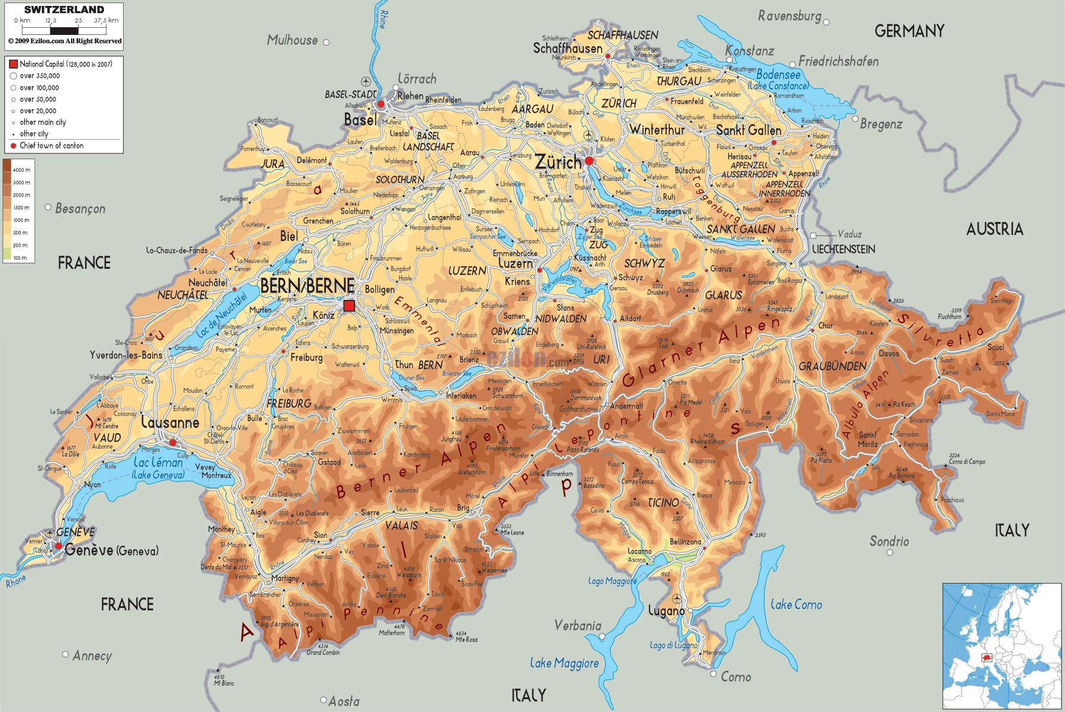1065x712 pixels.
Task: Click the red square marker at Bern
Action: (349, 305)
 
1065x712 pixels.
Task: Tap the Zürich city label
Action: (558, 162)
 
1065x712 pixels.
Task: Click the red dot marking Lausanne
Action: (173, 442)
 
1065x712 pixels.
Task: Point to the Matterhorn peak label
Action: (392, 633)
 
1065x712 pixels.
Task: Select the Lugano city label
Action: (666, 611)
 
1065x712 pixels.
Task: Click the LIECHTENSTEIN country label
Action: (843, 249)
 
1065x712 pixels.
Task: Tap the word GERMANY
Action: (909, 31)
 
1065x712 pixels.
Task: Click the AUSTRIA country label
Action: (995, 229)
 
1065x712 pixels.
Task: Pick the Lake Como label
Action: (796, 604)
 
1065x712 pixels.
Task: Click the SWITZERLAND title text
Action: (64, 9)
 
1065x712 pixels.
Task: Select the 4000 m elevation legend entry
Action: (21, 170)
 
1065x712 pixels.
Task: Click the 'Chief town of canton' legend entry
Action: (51, 146)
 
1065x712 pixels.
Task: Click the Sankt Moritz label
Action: (868, 439)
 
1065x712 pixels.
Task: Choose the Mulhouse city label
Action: (292, 40)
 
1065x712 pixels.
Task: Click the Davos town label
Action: (889, 353)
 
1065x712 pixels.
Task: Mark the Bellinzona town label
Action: (685, 542)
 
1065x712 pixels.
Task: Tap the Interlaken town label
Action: (461, 395)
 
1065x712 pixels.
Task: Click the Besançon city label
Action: (80, 208)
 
